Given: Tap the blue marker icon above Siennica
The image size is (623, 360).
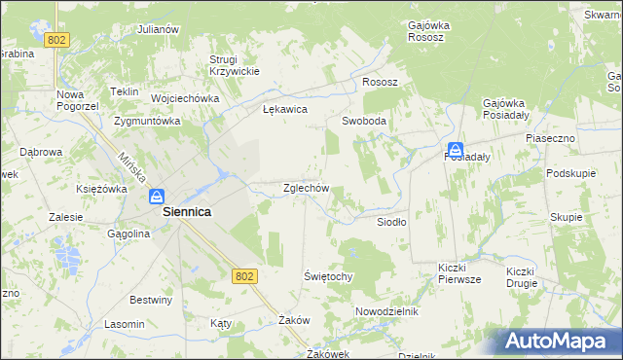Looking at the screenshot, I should click(x=156, y=197).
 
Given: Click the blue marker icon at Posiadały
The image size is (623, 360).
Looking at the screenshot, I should click(x=454, y=139).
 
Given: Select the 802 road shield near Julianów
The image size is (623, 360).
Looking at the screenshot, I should click(x=57, y=39).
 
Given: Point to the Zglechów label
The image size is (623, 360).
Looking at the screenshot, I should click(x=306, y=188).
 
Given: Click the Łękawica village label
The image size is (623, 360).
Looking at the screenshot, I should click(x=285, y=110).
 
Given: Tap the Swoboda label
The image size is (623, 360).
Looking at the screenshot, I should click(x=364, y=122).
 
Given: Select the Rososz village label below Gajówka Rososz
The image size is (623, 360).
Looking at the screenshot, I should click(x=380, y=83).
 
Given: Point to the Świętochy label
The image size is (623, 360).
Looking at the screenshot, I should click(x=327, y=276).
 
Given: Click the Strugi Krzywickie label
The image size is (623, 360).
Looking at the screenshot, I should click(x=234, y=65).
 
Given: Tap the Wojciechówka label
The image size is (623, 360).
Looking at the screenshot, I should click(x=184, y=98).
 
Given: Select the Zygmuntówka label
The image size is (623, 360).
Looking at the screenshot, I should click(x=148, y=122).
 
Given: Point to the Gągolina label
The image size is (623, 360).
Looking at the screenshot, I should click(x=128, y=234).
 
